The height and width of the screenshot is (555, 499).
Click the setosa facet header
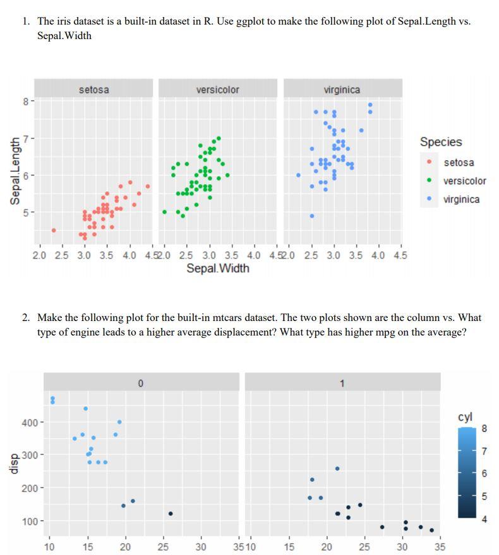93,90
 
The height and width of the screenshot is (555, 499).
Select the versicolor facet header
217,90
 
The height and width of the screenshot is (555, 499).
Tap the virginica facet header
342,90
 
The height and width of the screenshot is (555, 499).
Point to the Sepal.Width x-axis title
217,269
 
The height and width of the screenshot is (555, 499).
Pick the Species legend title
440,142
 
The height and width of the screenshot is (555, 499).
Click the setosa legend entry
459,163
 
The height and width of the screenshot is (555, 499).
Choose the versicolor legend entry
464,181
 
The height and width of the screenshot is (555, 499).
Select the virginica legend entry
461,199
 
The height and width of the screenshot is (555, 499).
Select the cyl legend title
465,418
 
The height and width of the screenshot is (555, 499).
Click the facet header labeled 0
140,383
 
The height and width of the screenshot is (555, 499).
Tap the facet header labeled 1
342,383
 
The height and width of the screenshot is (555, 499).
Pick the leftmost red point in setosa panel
54,230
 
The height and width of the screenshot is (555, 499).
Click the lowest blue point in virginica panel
312,216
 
